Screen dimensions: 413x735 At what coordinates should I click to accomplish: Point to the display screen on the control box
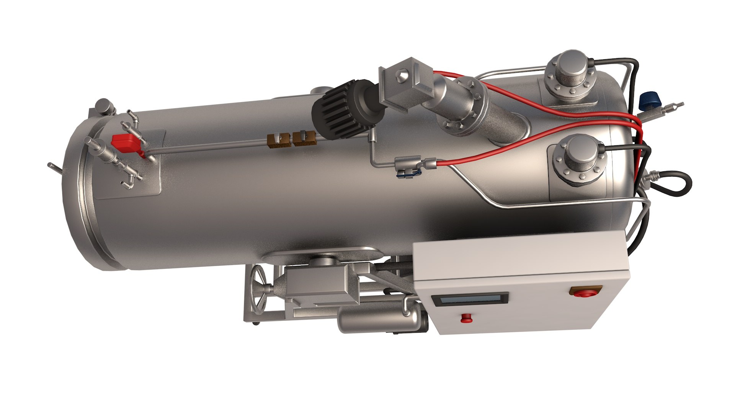470,299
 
